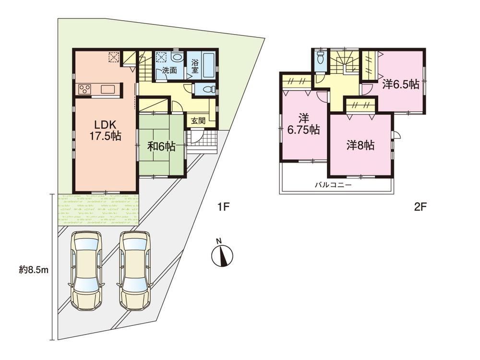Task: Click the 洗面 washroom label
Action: [x=169, y=71]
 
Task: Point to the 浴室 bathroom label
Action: [x=195, y=66]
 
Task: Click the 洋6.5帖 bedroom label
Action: [x=400, y=84]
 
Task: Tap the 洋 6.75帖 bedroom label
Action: [x=304, y=123]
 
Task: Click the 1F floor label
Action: [x=224, y=208]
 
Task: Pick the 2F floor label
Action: [x=420, y=208]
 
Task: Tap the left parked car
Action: [x=86, y=271]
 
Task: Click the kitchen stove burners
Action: [x=85, y=89]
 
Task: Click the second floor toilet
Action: [x=320, y=60]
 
